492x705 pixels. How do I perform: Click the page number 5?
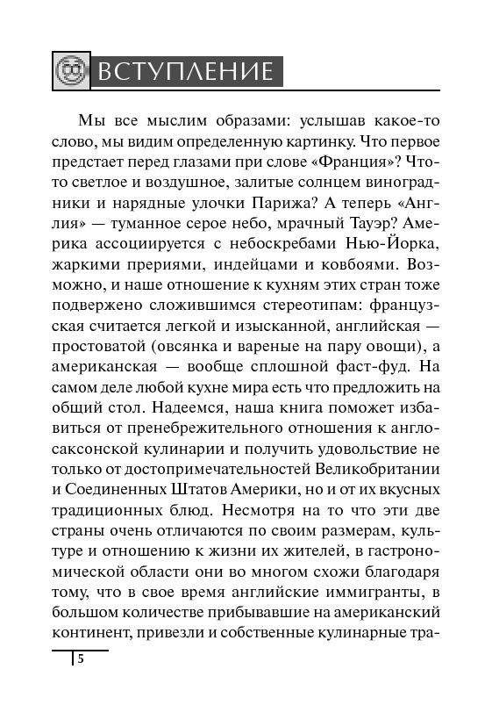click(x=80, y=661)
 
